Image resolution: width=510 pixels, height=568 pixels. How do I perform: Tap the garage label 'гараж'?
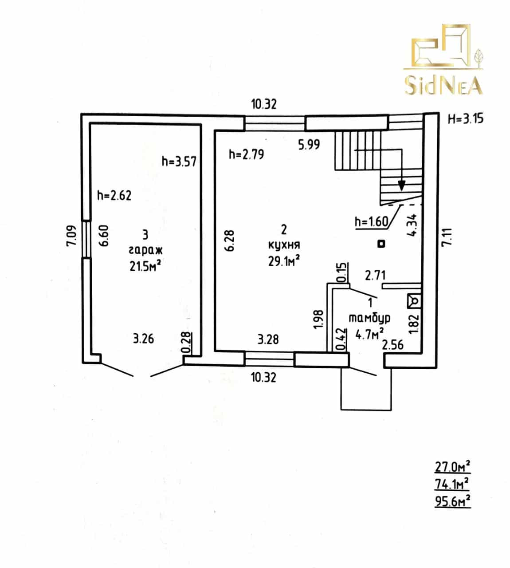[x=145, y=250]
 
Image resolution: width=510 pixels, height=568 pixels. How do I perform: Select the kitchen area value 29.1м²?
[x=284, y=261]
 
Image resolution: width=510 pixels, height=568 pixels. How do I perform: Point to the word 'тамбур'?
[x=369, y=318]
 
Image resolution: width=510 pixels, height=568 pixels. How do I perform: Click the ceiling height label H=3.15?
[x=466, y=118]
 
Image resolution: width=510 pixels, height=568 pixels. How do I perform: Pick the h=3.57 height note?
[x=179, y=161]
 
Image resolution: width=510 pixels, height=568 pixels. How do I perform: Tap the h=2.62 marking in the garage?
[x=114, y=195]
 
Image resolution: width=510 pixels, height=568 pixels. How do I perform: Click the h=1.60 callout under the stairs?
[x=371, y=221]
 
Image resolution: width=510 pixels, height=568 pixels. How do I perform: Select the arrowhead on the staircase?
[x=401, y=185]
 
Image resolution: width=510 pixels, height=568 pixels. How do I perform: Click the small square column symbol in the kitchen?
[x=381, y=244]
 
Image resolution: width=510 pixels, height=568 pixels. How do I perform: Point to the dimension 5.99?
[x=309, y=145]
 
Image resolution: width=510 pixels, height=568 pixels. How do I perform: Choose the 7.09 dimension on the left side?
[x=71, y=236]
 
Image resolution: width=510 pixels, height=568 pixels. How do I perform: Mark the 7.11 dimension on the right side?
[x=447, y=237]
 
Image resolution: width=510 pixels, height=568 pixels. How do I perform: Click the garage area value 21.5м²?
[x=145, y=266]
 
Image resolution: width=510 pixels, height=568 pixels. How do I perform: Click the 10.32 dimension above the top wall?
[x=264, y=104]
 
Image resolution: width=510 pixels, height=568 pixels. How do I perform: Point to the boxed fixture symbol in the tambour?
[x=414, y=301]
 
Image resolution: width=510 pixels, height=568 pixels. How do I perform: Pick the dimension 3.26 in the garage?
[x=144, y=339]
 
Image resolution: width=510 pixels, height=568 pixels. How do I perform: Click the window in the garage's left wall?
[x=86, y=239]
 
